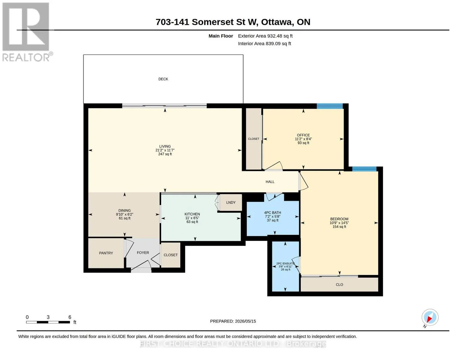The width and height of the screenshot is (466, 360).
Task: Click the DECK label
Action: [163, 79]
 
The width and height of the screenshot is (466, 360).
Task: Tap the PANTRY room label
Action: [106, 253]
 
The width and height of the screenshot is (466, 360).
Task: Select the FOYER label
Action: [143, 253]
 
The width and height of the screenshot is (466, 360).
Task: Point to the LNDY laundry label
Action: [231, 202]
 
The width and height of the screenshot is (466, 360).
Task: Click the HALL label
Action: [270, 181]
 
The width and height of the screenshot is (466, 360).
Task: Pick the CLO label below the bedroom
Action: [339, 284]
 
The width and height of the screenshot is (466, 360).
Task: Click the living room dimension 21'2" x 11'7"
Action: [165, 150]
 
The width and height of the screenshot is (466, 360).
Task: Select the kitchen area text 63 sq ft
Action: [192, 222]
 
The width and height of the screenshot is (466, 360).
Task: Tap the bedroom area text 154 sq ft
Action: [339, 226]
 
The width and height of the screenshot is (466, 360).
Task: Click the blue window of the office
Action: [329, 106]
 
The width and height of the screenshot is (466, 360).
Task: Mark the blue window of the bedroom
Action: [364, 169]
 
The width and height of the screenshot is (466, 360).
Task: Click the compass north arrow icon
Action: [430, 317]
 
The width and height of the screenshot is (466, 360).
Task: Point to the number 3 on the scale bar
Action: [48, 317]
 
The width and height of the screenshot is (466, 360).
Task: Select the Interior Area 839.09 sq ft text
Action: [264, 43]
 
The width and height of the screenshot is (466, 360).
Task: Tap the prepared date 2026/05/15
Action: [245, 321]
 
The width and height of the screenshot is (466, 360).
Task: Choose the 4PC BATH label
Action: [272, 213]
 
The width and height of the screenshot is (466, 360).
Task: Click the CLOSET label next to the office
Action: [254, 139]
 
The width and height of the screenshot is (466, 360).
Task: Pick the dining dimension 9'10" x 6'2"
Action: [125, 214]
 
